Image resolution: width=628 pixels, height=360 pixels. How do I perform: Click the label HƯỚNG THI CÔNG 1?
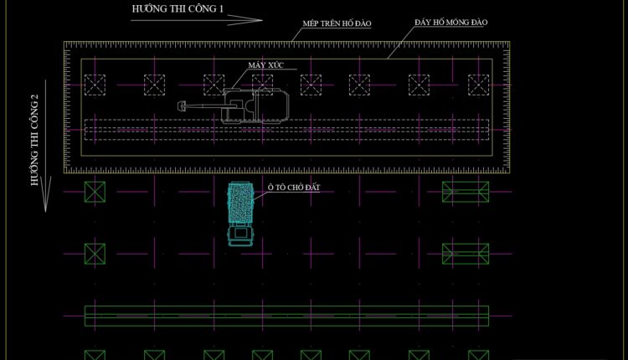click(x=177, y=8)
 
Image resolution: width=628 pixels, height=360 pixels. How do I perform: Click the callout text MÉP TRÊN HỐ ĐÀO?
click(x=337, y=24)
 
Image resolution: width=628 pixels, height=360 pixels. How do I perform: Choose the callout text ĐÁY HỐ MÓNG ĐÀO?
click(x=450, y=22)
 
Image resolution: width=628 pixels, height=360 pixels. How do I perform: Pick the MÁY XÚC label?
click(x=263, y=64)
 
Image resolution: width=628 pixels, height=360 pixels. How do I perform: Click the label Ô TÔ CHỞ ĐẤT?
click(x=293, y=188)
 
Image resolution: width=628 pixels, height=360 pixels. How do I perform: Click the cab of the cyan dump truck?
click(x=241, y=235)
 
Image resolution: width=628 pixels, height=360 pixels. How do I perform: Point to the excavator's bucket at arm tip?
click(x=182, y=106)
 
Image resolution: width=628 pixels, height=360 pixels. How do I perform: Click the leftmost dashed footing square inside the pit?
click(x=95, y=84)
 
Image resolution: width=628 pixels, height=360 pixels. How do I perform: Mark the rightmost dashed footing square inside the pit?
click(x=478, y=84)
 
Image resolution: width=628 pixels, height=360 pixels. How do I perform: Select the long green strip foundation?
click(x=286, y=316)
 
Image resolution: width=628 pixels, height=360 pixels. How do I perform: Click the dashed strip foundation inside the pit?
click(x=286, y=130)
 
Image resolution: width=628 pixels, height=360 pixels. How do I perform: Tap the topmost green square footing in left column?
click(x=95, y=192)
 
